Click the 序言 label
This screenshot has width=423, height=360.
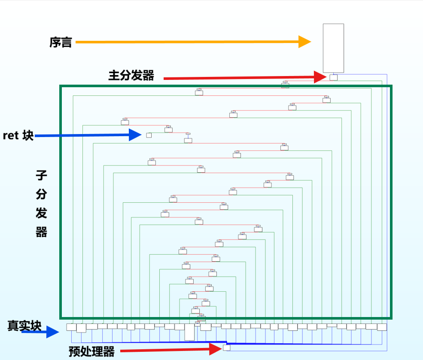[60, 42]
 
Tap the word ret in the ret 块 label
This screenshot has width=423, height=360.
[10, 136]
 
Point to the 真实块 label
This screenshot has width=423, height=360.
[24, 326]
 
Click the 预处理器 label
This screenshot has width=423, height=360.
[91, 352]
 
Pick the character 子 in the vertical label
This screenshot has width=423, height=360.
[41, 175]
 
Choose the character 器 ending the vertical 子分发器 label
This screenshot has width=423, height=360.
[41, 232]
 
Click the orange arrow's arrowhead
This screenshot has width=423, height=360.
[304, 42]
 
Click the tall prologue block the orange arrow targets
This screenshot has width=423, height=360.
[333, 48]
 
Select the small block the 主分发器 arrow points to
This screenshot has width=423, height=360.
[333, 78]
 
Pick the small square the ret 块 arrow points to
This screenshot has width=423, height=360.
[149, 135]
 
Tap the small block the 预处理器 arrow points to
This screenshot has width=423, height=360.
[226, 348]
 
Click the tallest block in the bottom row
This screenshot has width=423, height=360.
[189, 332]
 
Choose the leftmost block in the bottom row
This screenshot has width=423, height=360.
[71, 327]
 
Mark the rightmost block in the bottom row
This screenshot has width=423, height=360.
[382, 327]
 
